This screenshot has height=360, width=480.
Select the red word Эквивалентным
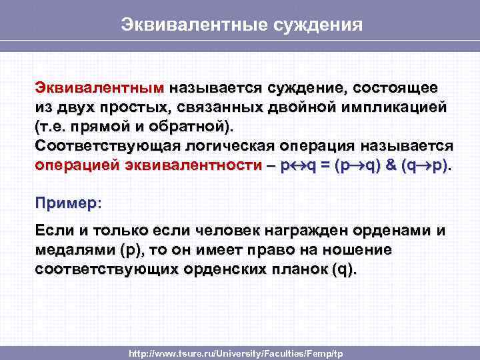[99, 88]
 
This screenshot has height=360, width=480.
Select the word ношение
[359, 250]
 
